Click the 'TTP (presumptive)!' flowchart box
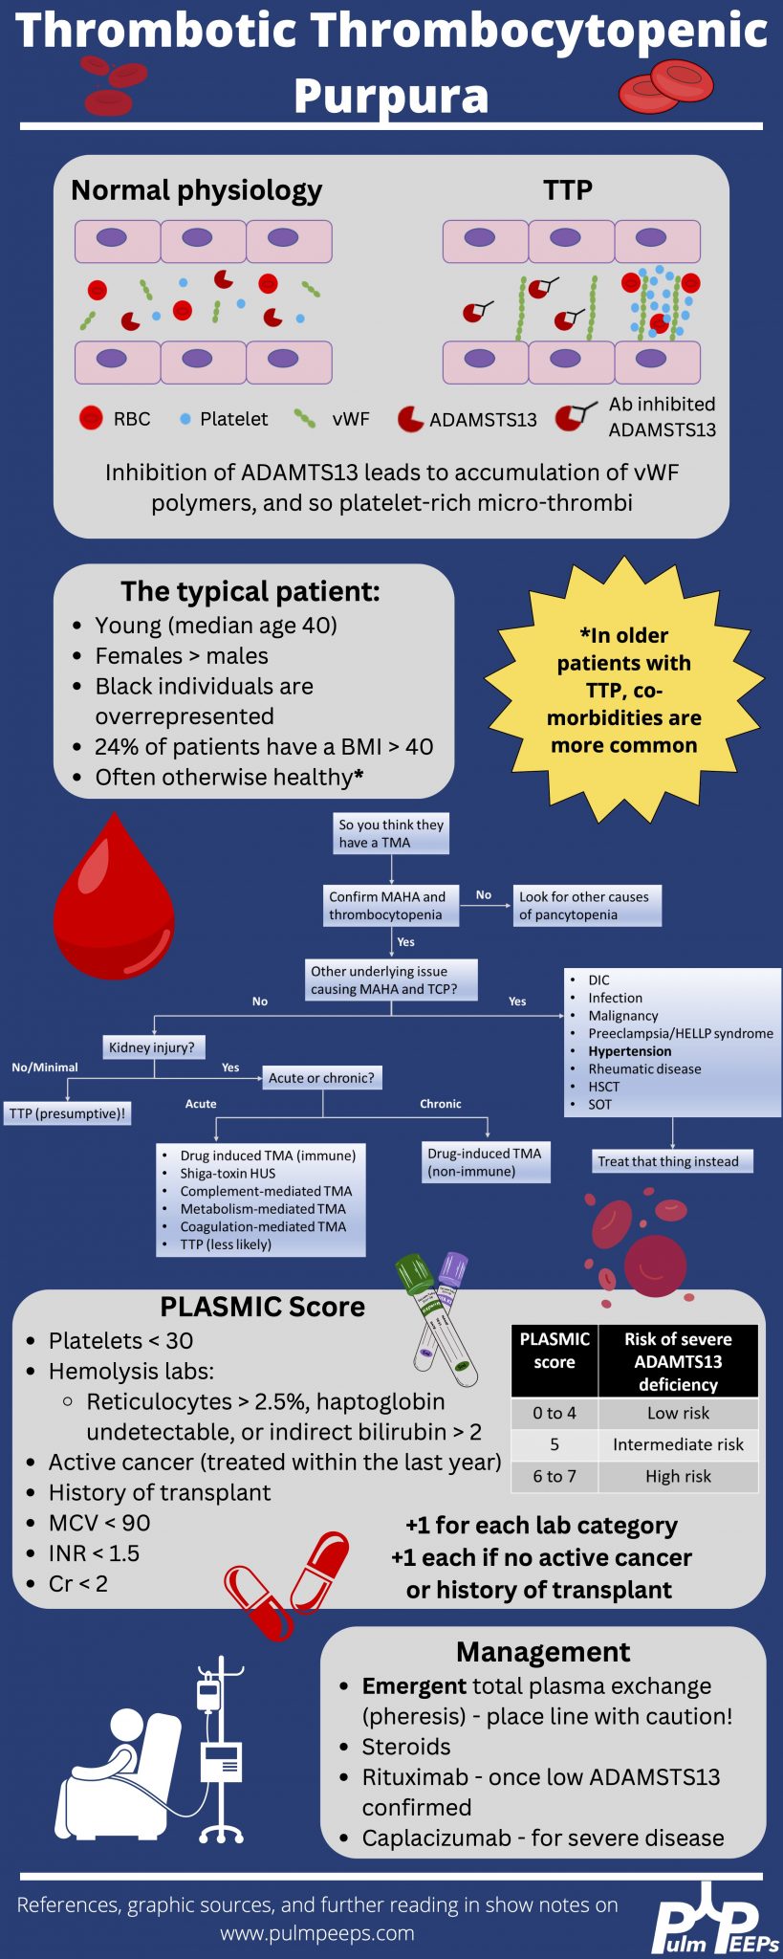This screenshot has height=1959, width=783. tap(67, 1113)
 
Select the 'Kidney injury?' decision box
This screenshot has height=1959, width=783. tap(152, 1047)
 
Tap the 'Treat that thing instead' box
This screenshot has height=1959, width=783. tap(668, 1161)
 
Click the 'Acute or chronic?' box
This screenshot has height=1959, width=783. tap(322, 1078)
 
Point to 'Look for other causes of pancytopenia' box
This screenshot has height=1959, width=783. tap(585, 906)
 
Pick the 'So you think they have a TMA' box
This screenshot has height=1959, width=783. tap(391, 834)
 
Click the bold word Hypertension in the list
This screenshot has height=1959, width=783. tap(629, 1051)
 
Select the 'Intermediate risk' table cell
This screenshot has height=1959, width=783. tap(678, 1444)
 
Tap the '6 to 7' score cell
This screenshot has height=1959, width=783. tap(555, 1476)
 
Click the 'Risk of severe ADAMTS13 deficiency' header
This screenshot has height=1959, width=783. tap(678, 1361)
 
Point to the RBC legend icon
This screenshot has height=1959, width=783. tap(91, 418)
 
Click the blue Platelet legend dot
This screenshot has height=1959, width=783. tap(185, 419)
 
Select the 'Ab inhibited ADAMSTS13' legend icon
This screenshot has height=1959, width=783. tap(574, 417)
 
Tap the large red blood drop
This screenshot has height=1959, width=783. tap(114, 904)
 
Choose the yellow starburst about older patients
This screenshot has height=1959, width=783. tap(624, 691)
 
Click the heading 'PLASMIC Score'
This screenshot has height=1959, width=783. tap(262, 1307)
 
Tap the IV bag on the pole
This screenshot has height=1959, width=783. tap(208, 1694)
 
